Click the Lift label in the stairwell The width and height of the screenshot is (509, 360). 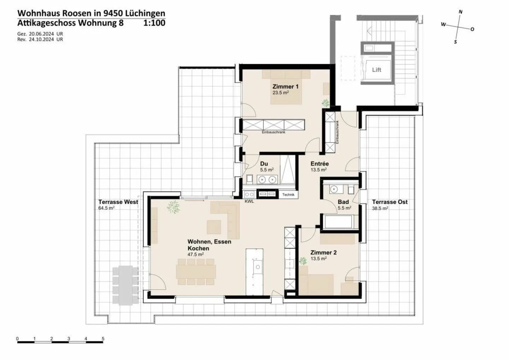click(x=376, y=70)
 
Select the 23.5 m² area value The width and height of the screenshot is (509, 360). click(x=280, y=93)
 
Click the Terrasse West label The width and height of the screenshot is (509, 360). click(x=118, y=202)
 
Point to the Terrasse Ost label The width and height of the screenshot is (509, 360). click(x=390, y=202)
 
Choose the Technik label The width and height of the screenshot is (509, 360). click(x=288, y=194)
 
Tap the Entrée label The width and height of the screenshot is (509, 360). click(x=320, y=164)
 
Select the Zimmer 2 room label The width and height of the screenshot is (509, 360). click(x=323, y=252)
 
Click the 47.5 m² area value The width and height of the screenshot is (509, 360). click(x=195, y=255)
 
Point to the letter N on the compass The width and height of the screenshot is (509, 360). click(x=460, y=12)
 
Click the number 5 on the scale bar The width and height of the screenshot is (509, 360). click(x=103, y=338)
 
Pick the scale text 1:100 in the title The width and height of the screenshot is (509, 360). click(x=154, y=23)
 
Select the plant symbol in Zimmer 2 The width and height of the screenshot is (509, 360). click(x=303, y=261)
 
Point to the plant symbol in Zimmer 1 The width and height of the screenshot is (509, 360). click(x=325, y=103)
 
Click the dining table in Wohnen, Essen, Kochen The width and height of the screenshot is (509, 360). click(x=196, y=272)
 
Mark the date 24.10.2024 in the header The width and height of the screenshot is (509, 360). click(x=41, y=40)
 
